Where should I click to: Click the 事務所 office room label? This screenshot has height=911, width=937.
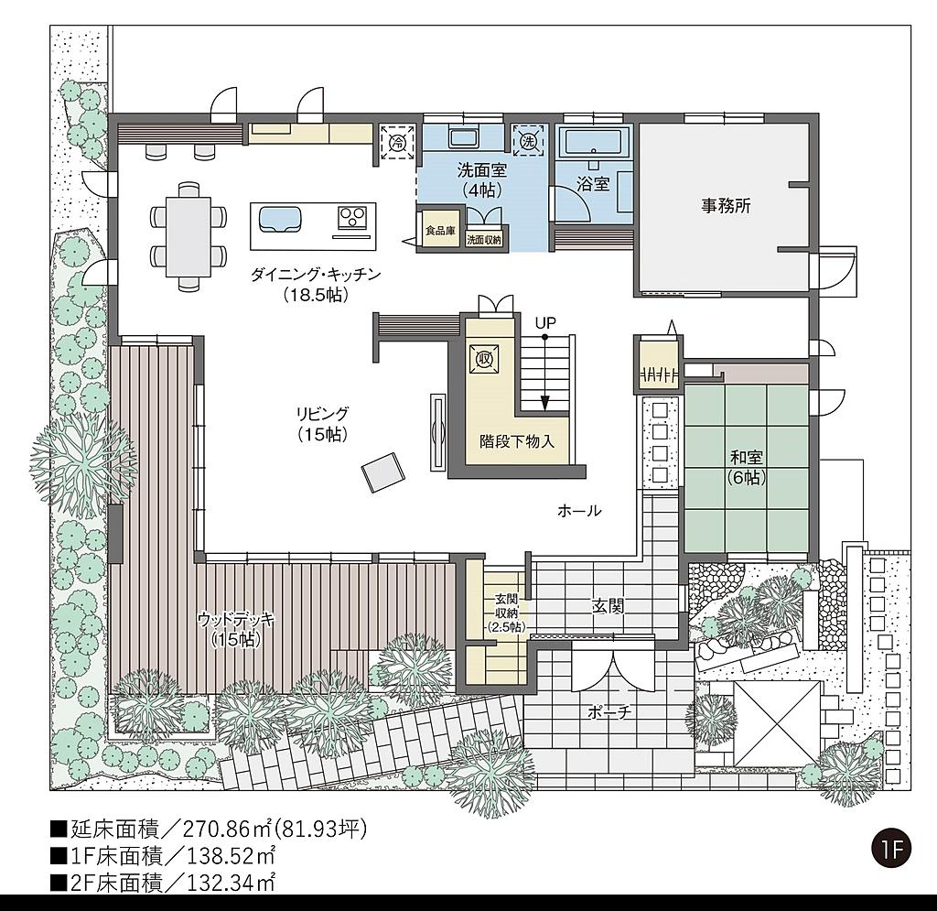726,207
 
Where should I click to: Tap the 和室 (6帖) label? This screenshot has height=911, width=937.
747,468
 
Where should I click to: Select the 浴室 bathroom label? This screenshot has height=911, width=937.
593,184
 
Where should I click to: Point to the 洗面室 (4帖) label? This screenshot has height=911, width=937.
482,180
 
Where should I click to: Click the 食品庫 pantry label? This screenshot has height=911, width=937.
440,230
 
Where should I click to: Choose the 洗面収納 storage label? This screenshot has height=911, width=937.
484,240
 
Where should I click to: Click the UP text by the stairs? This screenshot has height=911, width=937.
545,323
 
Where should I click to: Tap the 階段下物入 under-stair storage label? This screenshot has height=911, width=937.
517,441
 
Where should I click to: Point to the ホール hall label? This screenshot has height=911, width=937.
579,511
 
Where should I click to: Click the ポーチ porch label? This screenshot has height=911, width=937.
609,712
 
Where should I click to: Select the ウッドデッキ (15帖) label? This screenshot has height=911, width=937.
236,629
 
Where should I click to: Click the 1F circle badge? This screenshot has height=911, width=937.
891,848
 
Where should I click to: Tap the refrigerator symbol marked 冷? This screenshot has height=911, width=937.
397,142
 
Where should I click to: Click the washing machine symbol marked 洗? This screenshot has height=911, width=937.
528,140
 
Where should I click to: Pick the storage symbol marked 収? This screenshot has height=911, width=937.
483,359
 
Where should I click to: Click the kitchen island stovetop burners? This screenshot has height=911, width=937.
352,217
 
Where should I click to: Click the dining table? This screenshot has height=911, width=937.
188,236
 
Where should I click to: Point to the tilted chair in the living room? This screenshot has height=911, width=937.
383,472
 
